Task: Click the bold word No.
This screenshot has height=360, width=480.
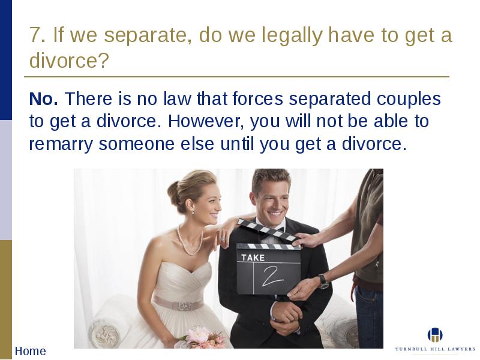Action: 43,98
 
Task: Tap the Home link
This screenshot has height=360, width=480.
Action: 31,351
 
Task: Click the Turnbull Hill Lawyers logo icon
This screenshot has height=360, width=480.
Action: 435,335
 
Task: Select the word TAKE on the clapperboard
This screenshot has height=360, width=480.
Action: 253,258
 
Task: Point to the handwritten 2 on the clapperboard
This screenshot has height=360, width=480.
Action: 271,276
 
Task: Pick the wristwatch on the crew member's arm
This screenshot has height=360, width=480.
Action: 323,281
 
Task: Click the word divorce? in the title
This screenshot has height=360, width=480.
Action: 69,61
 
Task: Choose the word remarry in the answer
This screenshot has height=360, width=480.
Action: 61,145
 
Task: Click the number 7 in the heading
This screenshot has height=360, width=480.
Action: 35,35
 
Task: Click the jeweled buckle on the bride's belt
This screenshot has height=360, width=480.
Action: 185,306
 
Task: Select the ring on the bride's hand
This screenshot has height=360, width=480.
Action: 223,238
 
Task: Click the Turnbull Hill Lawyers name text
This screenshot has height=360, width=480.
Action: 435,349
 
